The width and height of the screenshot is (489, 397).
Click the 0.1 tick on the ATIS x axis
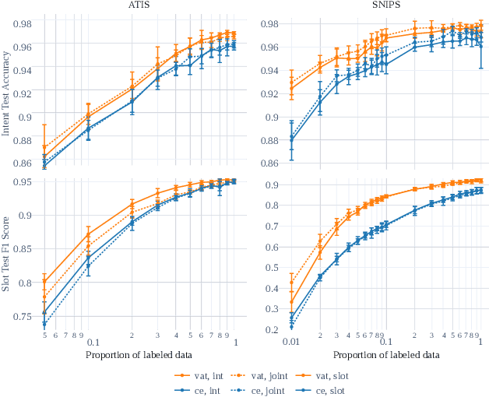(x=92, y=342)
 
